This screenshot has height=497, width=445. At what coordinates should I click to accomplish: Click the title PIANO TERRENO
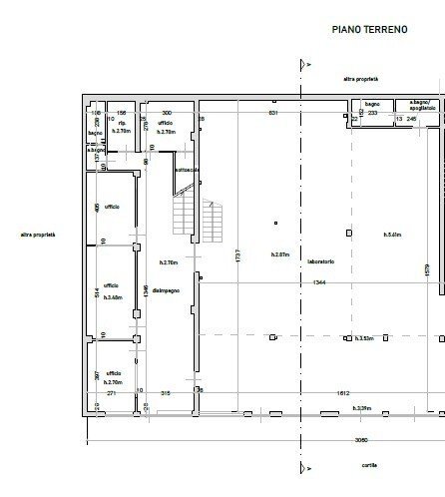coord(369,31)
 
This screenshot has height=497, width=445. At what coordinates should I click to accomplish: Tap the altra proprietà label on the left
coord(37,235)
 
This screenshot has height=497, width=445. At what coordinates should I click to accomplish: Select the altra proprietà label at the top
coord(360,78)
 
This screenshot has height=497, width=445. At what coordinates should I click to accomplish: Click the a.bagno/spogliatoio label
coord(419,106)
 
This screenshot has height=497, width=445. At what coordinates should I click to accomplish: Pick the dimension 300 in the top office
coord(167,113)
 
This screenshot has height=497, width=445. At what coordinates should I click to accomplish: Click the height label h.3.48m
coord(112,297)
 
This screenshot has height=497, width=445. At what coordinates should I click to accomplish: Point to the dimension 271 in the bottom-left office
coord(112,393)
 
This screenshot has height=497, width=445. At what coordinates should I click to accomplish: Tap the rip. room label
coord(121,124)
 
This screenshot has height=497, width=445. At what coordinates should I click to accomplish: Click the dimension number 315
coord(167,393)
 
